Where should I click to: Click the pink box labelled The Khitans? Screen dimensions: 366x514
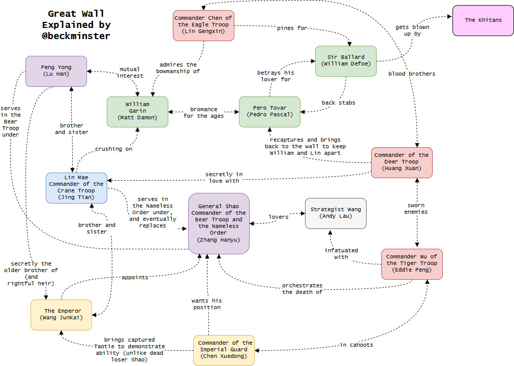(483, 20)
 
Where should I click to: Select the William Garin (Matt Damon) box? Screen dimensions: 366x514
(137, 112)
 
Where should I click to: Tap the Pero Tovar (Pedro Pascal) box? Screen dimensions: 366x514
(269, 112)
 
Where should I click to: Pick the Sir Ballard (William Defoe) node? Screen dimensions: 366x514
(346, 61)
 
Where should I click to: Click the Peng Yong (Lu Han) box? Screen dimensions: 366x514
(56, 71)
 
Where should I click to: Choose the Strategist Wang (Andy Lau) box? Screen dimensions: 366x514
(336, 213)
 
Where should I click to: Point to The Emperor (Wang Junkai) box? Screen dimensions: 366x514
(61, 314)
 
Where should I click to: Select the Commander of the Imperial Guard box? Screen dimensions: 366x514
(224, 350)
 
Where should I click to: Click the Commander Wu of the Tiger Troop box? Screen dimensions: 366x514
(412, 263)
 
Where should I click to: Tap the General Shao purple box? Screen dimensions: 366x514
(219, 223)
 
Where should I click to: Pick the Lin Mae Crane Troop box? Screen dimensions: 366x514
(76, 187)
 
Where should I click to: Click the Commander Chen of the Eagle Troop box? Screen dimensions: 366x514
(203, 25)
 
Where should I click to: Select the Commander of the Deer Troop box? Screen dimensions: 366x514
(402, 162)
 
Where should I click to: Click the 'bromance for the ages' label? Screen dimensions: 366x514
(203, 112)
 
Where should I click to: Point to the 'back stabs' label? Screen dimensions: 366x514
(339, 103)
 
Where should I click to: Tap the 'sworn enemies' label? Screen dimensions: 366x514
(416, 209)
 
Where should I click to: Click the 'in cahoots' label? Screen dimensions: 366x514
(356, 345)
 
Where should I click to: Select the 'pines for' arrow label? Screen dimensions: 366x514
(292, 28)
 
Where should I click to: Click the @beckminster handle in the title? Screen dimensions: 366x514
(76, 36)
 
